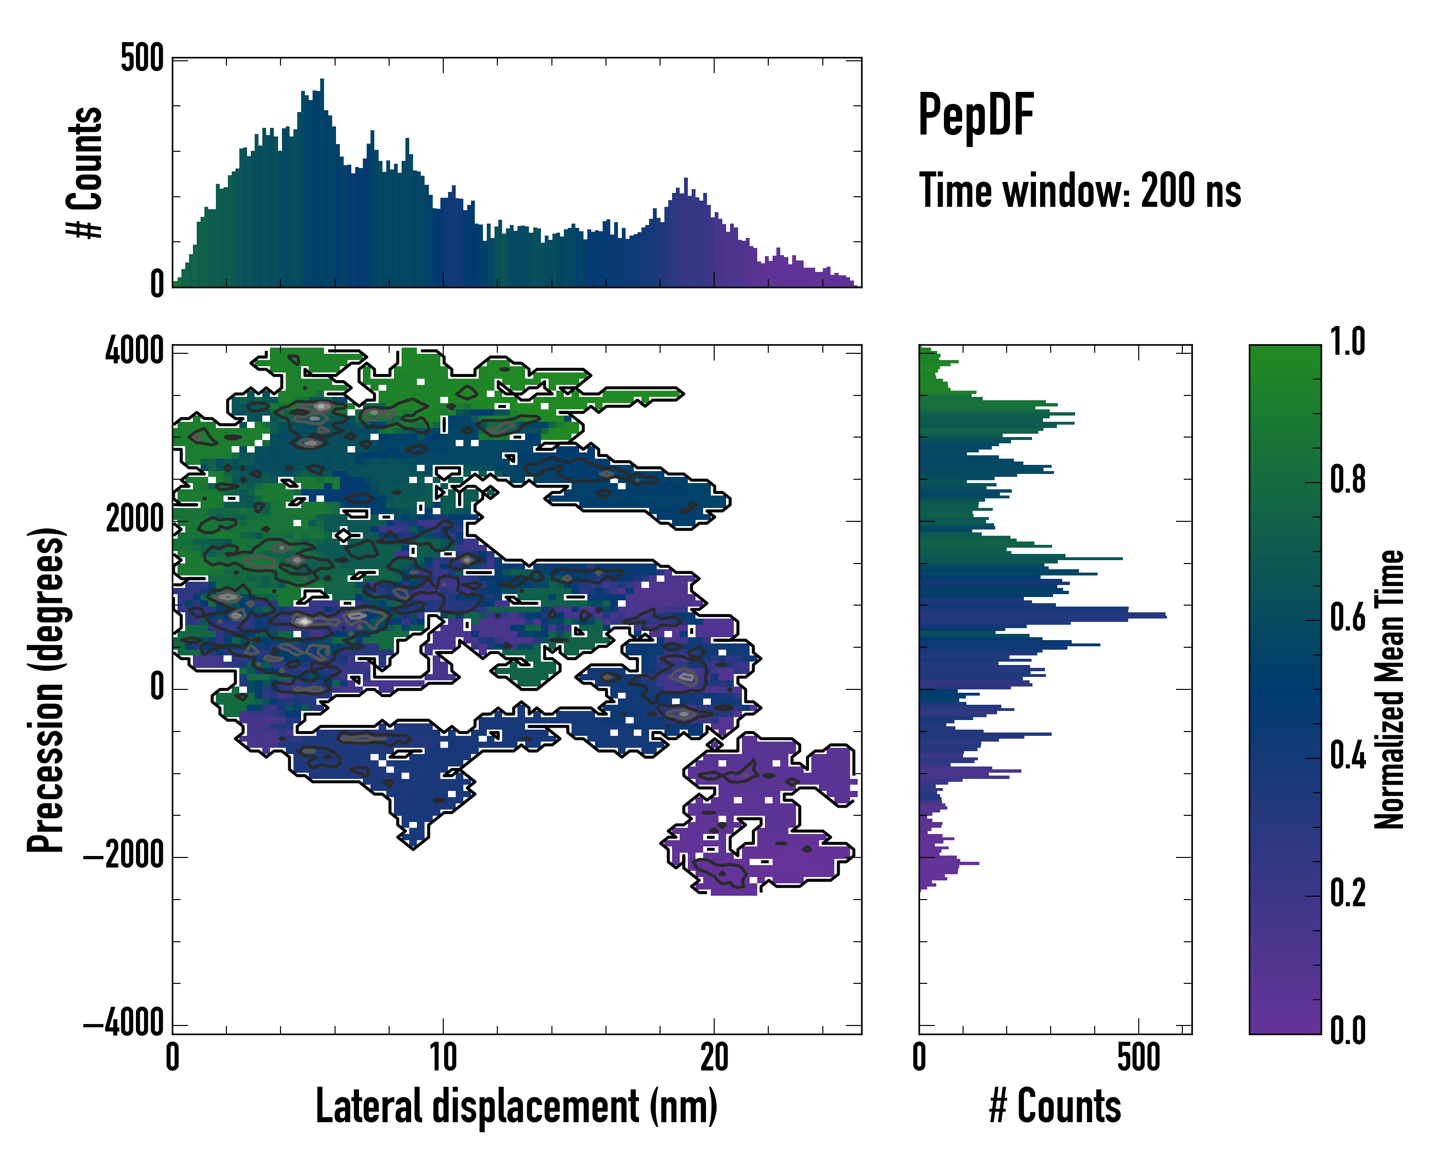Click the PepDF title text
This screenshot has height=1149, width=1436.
coord(975,116)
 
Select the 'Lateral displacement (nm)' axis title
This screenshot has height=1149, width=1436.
coord(516,1106)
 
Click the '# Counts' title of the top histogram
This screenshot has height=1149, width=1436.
coord(85,172)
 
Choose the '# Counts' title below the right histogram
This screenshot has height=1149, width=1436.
coord(1055,1106)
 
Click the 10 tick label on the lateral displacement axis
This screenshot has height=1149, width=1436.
coord(443,1058)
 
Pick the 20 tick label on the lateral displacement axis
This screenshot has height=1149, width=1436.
coord(714,1058)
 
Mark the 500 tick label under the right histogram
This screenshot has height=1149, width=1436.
coord(1138,1058)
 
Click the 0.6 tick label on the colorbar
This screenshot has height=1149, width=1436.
coord(1347,618)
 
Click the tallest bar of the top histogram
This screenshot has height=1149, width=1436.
coord(322,183)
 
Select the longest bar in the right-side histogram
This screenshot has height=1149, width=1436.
coord(1043,616)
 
